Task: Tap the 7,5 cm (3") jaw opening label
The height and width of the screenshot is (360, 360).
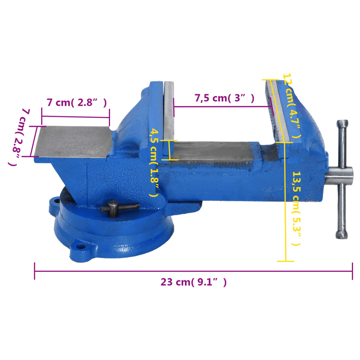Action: tap(224, 98)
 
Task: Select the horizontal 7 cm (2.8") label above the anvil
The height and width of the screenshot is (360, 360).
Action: tap(77, 103)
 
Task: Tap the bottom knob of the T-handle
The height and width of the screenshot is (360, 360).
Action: tap(342, 234)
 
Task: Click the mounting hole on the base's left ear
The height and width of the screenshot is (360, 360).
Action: tap(55, 202)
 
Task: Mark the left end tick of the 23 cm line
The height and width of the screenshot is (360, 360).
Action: tap(34, 271)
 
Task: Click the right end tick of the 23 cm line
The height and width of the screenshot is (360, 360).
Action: tap(352, 271)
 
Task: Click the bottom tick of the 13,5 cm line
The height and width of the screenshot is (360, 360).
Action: tap(286, 261)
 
